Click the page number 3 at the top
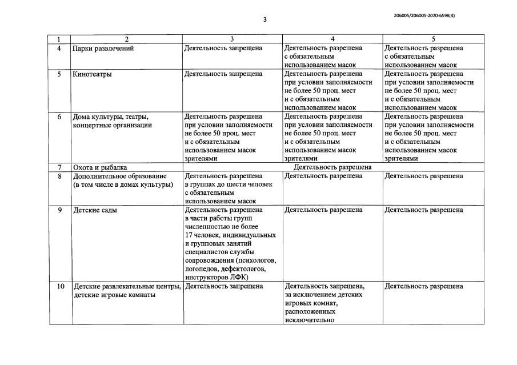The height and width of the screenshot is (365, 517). [264, 19]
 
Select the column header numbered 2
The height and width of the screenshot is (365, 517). [126, 39]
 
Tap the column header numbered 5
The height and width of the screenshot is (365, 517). [433, 39]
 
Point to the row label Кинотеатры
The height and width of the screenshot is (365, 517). [92, 74]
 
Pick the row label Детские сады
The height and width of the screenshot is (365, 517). [95, 210]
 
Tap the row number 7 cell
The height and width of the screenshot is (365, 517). [59, 168]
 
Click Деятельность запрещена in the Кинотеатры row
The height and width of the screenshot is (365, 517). [223, 74]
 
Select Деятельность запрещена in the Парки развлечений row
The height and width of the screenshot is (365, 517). [223, 49]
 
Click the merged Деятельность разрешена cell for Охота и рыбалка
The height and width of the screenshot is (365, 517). [332, 168]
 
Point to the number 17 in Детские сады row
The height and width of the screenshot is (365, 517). [190, 235]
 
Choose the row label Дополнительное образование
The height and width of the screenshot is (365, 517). [119, 177]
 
